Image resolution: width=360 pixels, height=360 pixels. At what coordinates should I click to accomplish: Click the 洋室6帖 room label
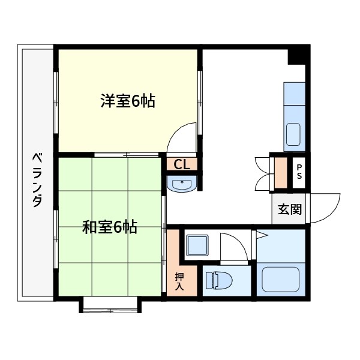pyautogui.click(x=128, y=101)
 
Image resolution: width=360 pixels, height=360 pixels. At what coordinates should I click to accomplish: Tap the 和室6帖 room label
pyautogui.click(x=110, y=227)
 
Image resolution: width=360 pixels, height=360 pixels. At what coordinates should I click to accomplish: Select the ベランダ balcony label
pyautogui.click(x=37, y=180)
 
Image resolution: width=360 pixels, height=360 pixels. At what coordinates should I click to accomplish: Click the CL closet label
pyautogui.click(x=182, y=164)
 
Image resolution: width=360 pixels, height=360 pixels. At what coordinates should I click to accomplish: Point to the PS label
pyautogui.click(x=299, y=172)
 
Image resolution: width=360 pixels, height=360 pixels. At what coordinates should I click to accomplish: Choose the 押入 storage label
pyautogui.click(x=179, y=282)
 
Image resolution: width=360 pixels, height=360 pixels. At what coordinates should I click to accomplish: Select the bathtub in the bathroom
pyautogui.click(x=280, y=280)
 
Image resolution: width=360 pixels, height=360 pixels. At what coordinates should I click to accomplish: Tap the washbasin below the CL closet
pyautogui.click(x=181, y=184)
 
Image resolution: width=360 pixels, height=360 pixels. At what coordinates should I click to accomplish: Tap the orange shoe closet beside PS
pyautogui.click(x=280, y=173)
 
